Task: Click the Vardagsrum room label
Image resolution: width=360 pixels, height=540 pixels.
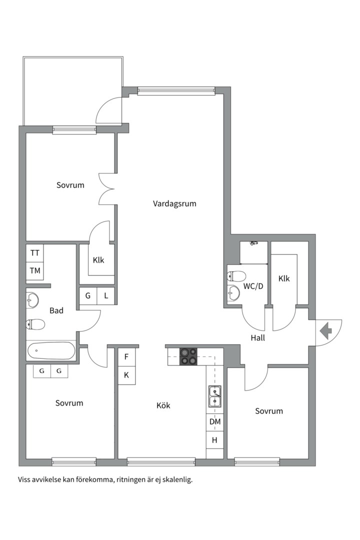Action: [x=174, y=203]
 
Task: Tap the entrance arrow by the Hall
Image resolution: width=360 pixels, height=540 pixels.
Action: [x=325, y=330]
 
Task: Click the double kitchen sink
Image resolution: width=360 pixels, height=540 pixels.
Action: [x=214, y=396]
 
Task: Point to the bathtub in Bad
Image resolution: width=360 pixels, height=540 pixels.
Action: [x=51, y=351]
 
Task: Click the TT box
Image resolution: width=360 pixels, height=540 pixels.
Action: [x=35, y=253]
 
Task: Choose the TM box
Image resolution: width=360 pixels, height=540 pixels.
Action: [x=35, y=270]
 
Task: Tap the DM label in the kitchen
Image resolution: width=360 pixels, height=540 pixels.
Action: [x=215, y=421]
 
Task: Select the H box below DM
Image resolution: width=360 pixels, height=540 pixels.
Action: [x=215, y=440]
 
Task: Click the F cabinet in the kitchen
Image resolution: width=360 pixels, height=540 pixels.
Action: [x=126, y=357]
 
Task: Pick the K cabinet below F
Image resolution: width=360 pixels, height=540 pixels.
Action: [x=126, y=375]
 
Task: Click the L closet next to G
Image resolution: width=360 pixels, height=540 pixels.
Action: [x=106, y=295]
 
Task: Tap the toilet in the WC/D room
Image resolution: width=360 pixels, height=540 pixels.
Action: [x=236, y=276]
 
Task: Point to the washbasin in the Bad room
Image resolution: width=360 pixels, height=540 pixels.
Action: [x=32, y=299]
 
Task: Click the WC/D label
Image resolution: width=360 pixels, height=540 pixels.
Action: [x=253, y=286]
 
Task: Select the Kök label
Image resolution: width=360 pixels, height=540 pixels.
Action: [x=163, y=405]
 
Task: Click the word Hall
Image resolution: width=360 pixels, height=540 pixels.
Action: [x=257, y=338]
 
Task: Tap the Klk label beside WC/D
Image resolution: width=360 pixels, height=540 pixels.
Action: [x=284, y=278]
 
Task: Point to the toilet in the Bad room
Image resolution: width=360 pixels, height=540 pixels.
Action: [x=35, y=323]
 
